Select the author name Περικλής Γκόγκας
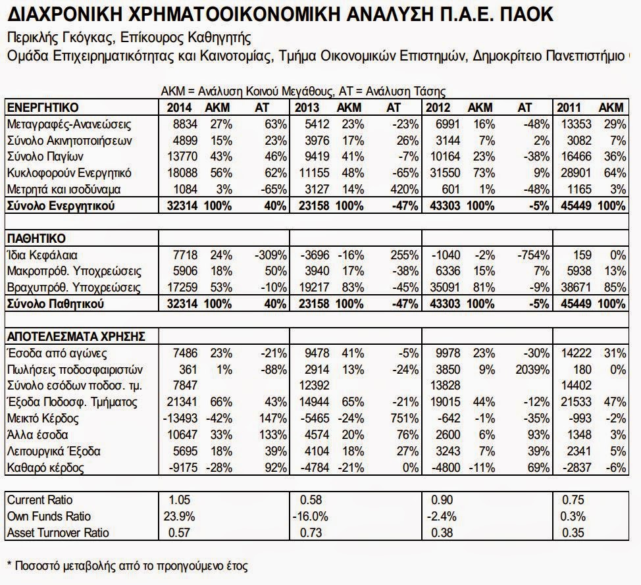[x=64, y=37]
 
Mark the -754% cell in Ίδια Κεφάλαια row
[x=534, y=254]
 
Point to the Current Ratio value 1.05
[x=173, y=501]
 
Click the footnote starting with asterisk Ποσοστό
[x=127, y=566]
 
